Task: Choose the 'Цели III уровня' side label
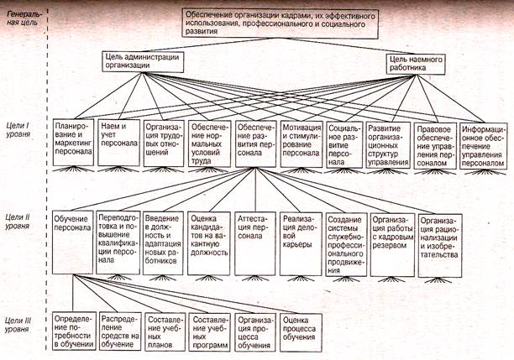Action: tap(18, 324)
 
